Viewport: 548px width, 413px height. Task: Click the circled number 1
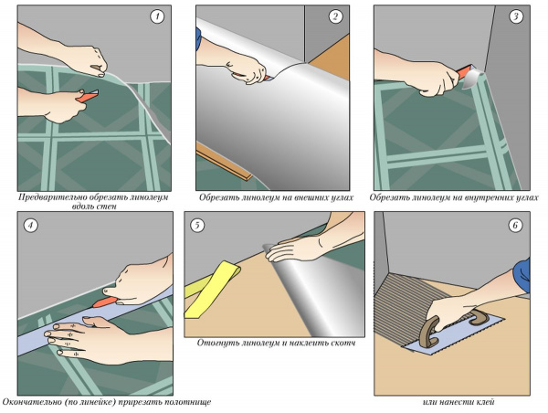157,16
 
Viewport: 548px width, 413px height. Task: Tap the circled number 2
335,16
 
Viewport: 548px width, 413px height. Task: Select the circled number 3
516,16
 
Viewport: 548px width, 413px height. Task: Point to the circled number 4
30,225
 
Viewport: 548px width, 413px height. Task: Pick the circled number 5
197,225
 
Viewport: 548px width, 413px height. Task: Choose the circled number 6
515,225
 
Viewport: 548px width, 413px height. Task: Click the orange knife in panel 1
88,96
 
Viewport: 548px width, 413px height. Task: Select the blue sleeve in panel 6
522,275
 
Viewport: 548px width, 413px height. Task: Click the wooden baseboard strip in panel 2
224,162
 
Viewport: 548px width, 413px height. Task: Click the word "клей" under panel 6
484,402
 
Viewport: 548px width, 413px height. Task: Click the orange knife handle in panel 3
463,72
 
